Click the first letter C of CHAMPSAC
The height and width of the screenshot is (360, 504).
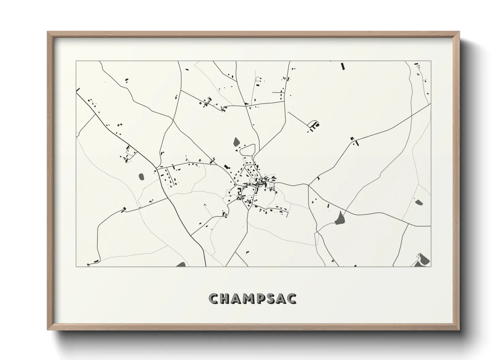pos(214,298)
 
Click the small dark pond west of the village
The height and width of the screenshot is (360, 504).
pos(141,177)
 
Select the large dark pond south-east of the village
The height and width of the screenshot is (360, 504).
pos(340,218)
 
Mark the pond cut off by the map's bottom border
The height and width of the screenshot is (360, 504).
pos(181,264)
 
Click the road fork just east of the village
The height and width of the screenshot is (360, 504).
pos(309,185)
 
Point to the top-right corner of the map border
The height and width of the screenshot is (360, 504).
pos(431,61)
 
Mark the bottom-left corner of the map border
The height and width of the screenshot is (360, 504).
pos(76,266)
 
